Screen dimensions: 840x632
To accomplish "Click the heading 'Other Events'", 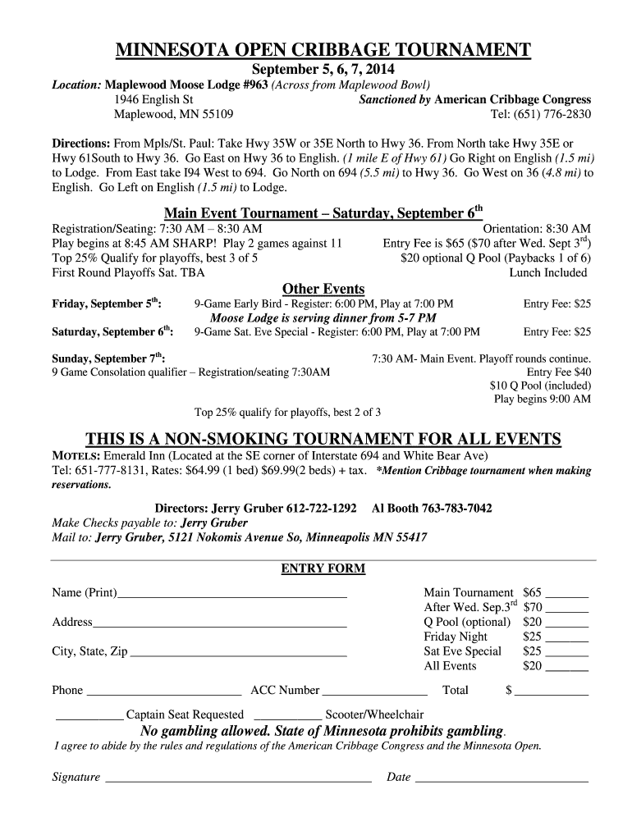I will (323, 289).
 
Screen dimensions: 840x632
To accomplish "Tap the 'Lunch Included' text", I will (548, 272).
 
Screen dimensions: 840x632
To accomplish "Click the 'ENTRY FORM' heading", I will (323, 568).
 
